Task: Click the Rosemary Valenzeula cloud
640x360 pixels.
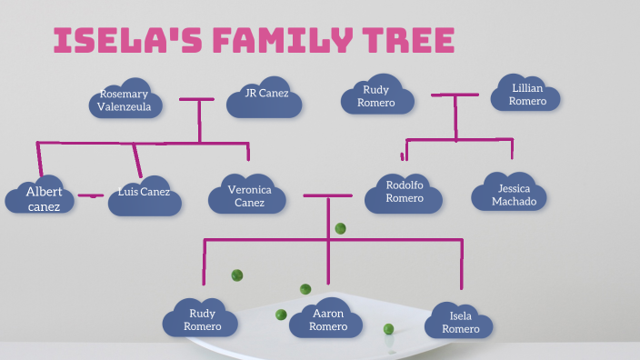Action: coord(130,100)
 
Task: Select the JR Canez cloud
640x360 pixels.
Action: coord(264,95)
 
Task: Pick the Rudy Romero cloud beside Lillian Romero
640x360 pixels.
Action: coord(376,96)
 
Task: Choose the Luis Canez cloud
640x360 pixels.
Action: coord(144,194)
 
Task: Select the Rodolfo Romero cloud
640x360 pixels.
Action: coord(405,192)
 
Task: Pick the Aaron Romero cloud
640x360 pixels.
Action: coord(328,319)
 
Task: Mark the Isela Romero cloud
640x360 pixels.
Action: coord(460,322)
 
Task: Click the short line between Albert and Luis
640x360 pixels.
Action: coord(91,195)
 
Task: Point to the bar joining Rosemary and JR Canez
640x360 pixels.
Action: coord(198,99)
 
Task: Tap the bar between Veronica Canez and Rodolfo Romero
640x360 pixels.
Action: coord(327,195)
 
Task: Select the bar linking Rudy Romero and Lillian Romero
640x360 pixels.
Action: coord(455,95)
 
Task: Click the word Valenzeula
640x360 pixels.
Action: coord(130,106)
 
